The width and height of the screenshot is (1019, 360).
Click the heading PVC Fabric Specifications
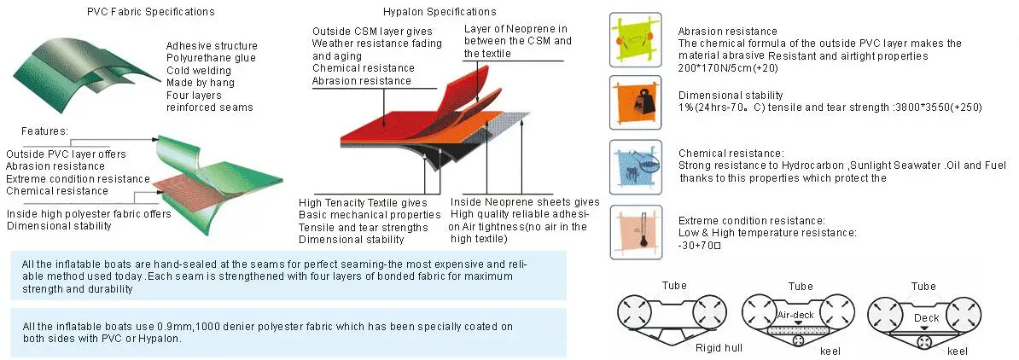pyautogui.click(x=151, y=12)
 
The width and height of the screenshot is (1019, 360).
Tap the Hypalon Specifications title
pyautogui.click(x=440, y=12)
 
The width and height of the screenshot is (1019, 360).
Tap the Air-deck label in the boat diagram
pyautogui.click(x=795, y=315)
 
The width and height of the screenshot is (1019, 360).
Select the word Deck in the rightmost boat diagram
pyautogui.click(x=926, y=317)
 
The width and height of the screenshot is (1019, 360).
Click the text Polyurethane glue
pyautogui.click(x=211, y=58)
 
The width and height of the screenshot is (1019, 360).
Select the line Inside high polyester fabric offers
pyautogui.click(x=89, y=214)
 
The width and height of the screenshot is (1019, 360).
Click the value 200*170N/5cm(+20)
pyautogui.click(x=728, y=67)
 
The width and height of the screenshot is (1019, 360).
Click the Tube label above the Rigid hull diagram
pyautogui.click(x=674, y=286)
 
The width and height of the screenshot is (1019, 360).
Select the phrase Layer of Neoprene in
pyautogui.click(x=515, y=29)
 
